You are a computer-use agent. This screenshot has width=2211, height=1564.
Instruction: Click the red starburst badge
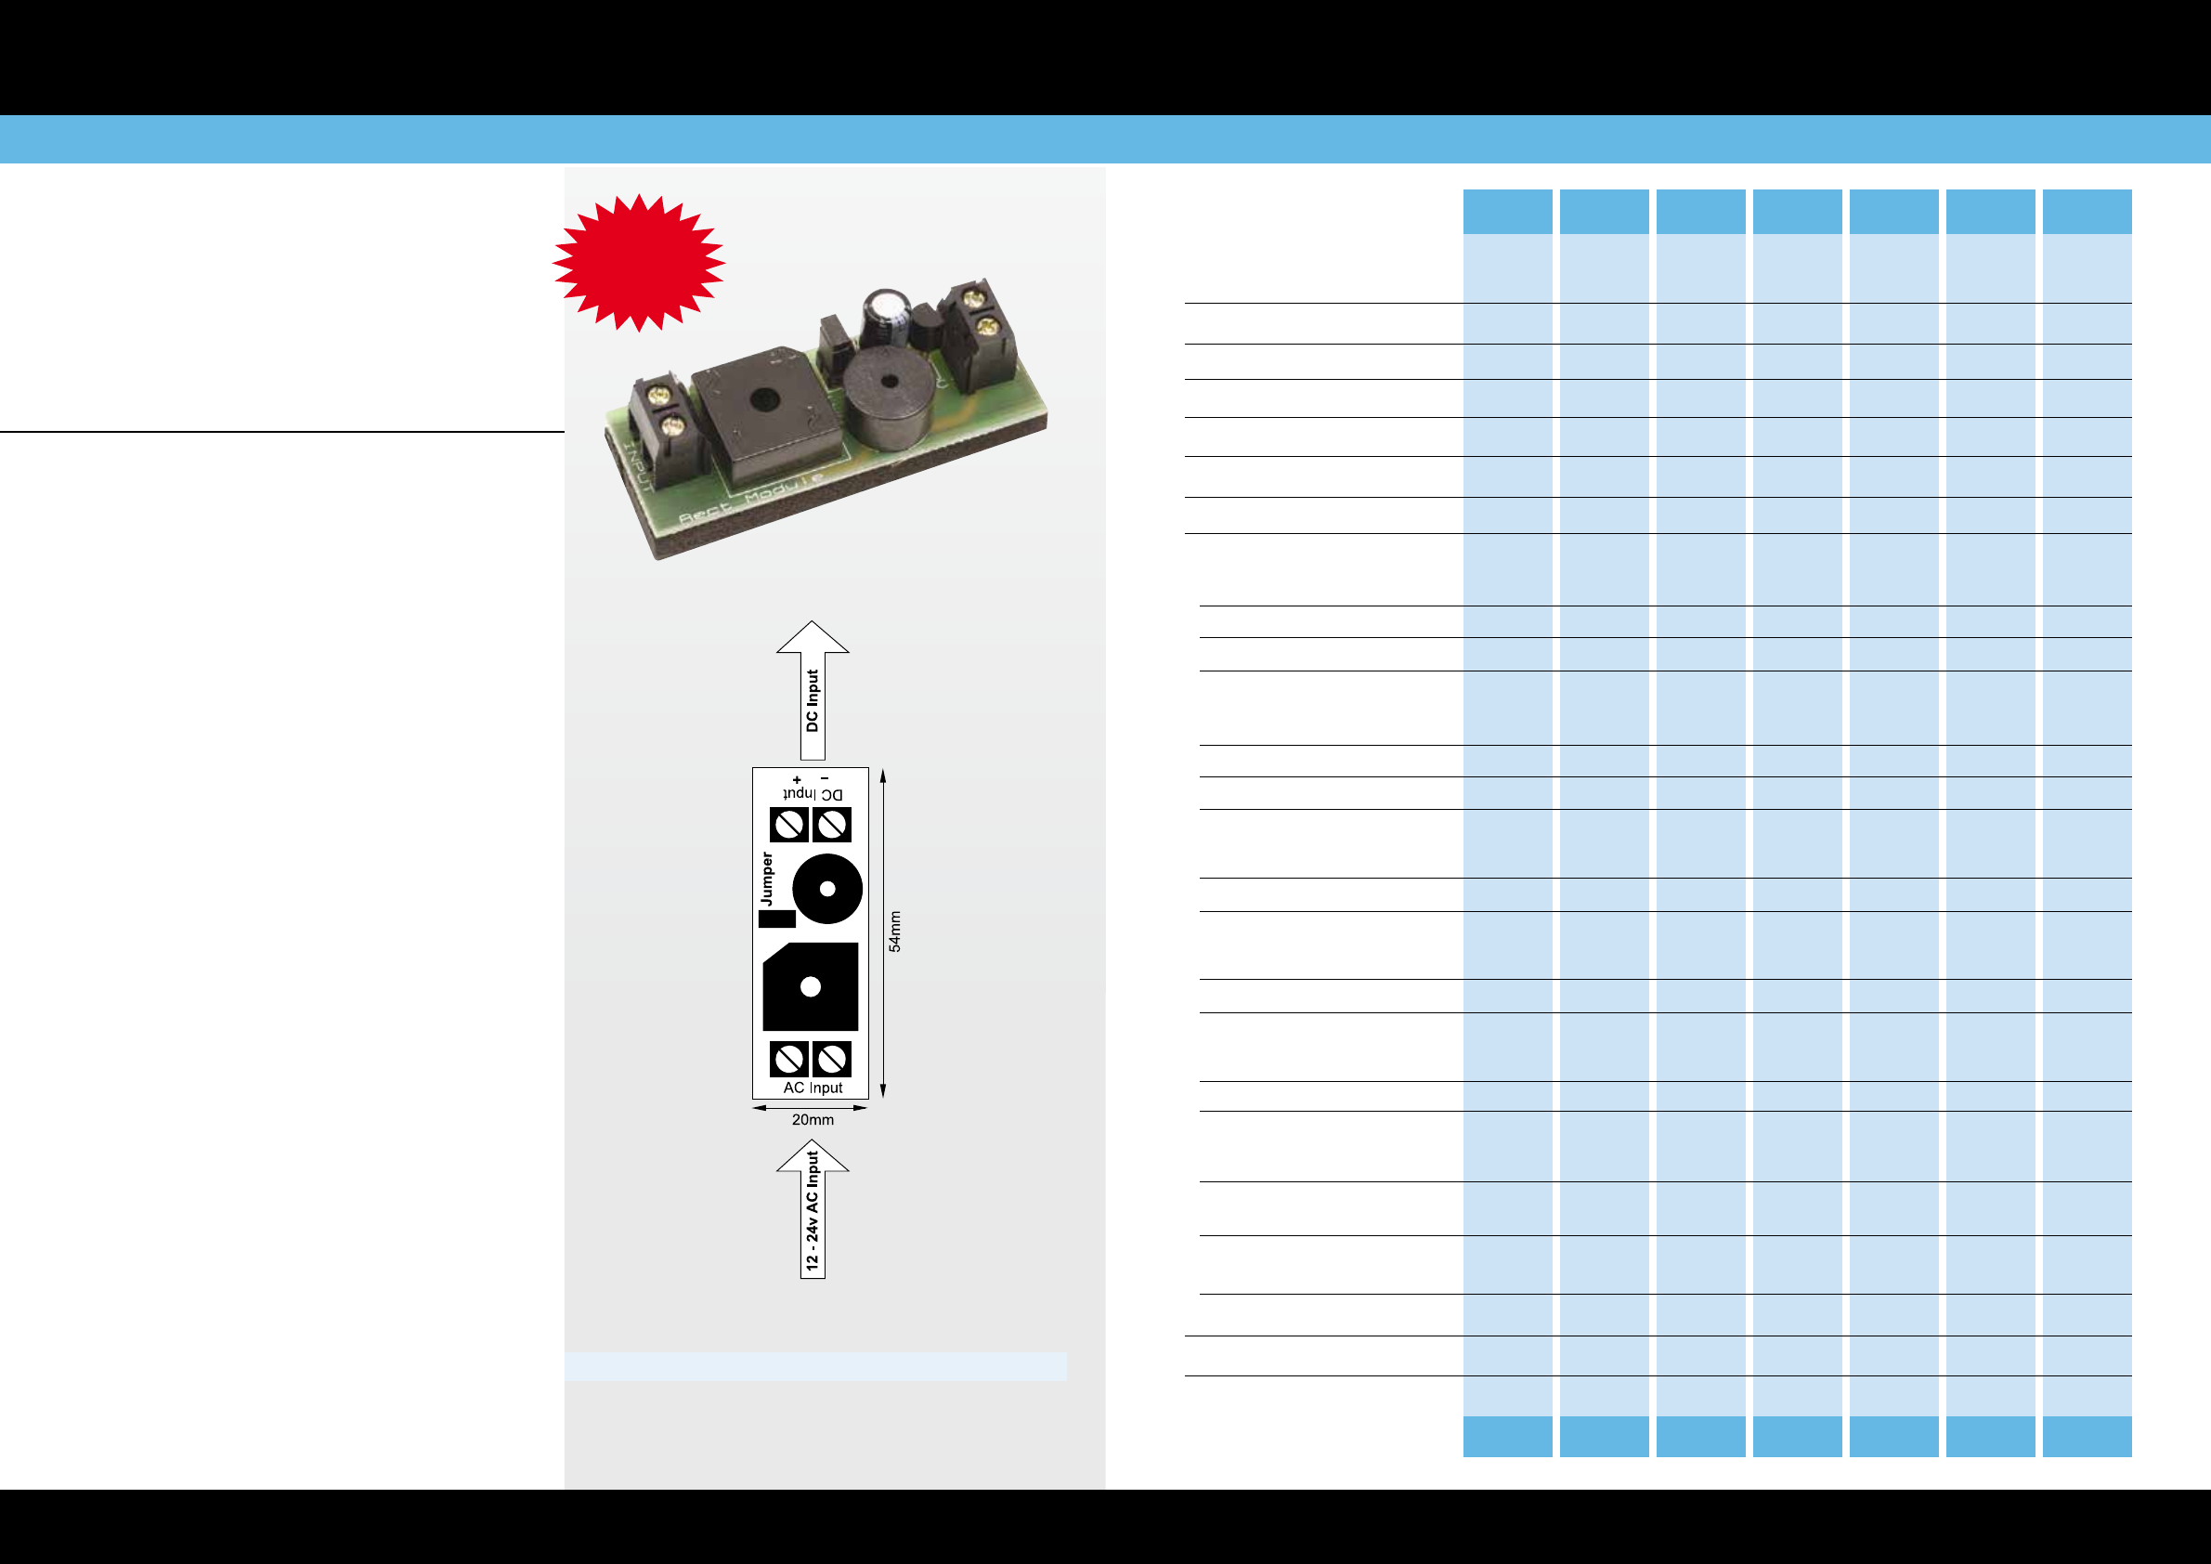point(639,261)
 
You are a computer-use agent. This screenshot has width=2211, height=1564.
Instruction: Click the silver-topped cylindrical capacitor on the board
point(886,317)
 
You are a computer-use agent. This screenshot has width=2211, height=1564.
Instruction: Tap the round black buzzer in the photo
point(889,398)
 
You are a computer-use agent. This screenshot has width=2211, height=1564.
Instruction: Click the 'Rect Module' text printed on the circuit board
point(751,498)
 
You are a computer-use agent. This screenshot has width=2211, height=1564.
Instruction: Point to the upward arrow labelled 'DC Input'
point(813,688)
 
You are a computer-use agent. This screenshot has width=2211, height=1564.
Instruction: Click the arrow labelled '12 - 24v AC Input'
point(813,1208)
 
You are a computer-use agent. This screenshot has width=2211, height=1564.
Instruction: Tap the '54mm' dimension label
point(895,932)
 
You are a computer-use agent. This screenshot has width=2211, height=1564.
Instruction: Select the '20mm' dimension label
point(813,1120)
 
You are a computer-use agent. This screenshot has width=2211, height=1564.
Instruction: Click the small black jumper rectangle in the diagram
point(776,919)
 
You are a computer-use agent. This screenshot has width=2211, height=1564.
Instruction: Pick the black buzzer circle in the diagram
point(827,889)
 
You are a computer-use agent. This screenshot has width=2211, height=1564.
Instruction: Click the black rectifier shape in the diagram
point(810,987)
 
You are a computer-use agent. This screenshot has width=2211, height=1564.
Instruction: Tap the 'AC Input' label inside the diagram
point(813,1088)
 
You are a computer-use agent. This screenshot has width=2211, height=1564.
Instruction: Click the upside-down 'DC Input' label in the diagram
point(813,794)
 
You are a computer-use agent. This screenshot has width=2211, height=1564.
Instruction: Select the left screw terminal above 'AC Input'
point(789,1059)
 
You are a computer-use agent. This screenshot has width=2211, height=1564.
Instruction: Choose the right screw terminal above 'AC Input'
point(832,1059)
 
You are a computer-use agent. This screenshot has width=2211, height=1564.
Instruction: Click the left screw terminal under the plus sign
point(789,825)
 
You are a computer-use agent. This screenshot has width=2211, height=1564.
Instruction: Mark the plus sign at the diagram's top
point(797,780)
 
